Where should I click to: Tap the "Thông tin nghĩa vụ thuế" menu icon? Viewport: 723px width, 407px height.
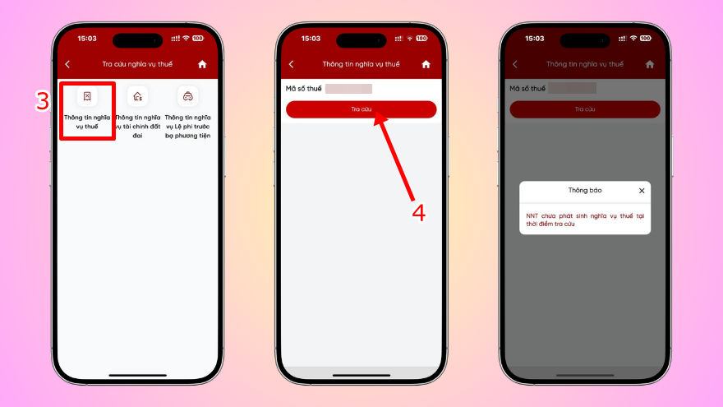(x=86, y=97)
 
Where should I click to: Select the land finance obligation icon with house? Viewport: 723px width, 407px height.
(x=137, y=97)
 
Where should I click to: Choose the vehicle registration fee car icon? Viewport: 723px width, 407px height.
(x=187, y=97)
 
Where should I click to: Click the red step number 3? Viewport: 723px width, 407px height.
(x=43, y=101)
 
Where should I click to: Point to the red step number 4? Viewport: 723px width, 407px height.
(x=418, y=212)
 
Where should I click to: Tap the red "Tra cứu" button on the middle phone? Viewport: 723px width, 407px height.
(x=361, y=109)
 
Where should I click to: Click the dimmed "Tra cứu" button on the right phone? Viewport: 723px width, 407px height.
(x=584, y=109)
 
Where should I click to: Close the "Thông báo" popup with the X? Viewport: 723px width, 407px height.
(x=642, y=191)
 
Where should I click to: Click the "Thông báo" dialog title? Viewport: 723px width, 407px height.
(x=584, y=191)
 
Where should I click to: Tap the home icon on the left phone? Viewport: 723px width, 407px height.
(x=202, y=64)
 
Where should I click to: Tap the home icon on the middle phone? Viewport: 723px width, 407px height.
(x=426, y=64)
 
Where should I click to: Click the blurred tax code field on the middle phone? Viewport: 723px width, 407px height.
(x=348, y=88)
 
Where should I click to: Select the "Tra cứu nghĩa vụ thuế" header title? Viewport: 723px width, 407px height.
(x=137, y=64)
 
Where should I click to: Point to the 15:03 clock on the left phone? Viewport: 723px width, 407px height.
(x=87, y=39)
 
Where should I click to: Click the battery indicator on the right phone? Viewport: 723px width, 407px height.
(x=645, y=39)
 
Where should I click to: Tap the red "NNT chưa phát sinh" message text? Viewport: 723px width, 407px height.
(x=584, y=220)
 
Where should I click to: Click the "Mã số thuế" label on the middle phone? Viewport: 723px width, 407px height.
(x=304, y=88)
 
